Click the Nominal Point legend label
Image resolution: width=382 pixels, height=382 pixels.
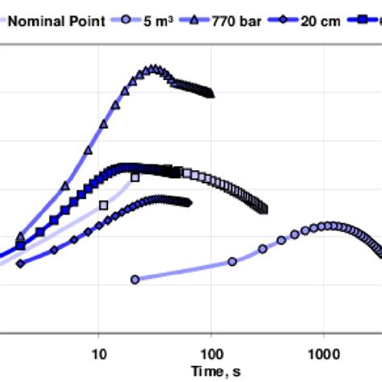tap(56, 21)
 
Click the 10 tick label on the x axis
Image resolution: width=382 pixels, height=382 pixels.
tap(99, 353)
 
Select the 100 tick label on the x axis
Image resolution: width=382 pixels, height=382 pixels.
tap(211, 353)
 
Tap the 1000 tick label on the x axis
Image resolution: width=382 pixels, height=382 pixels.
tap(323, 353)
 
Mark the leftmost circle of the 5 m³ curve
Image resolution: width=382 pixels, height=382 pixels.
tap(135, 280)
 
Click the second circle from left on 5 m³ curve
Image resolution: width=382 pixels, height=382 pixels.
tap(232, 261)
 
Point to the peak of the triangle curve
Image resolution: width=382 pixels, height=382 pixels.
tap(150, 69)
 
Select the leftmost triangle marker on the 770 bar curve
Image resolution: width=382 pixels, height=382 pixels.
tap(21, 236)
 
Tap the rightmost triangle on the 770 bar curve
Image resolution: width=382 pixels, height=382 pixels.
tap(211, 93)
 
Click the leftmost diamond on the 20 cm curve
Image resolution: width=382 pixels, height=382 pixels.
tap(21, 264)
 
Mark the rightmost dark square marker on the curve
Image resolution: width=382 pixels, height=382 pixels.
tap(264, 210)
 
